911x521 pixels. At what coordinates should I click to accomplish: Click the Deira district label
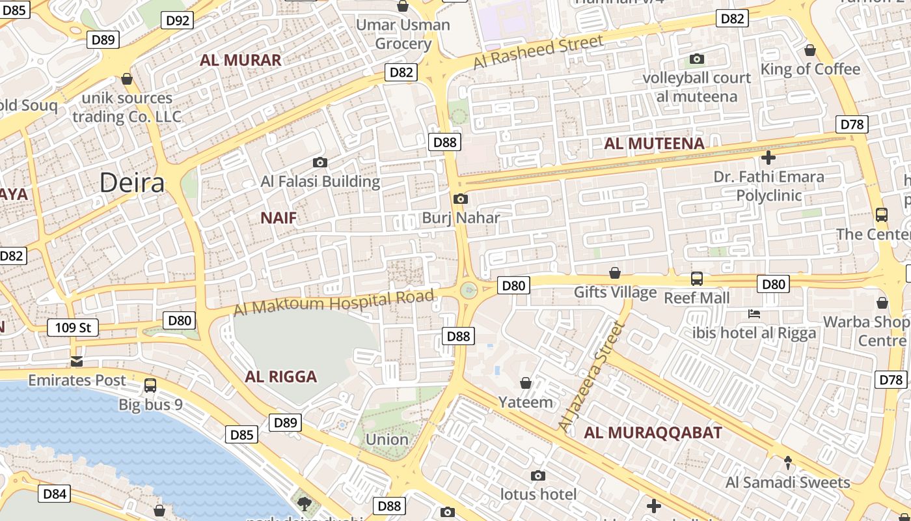[132, 183]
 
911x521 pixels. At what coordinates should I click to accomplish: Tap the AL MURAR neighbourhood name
[241, 61]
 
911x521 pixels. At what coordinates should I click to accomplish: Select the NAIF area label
[279, 218]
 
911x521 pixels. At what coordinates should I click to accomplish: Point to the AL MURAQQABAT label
[653, 432]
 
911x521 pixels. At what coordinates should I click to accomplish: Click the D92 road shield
[178, 20]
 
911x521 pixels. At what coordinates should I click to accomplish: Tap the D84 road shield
[55, 494]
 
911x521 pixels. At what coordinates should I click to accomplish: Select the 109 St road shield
[73, 328]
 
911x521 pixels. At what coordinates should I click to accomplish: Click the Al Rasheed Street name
[538, 52]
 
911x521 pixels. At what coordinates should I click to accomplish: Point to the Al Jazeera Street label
[591, 376]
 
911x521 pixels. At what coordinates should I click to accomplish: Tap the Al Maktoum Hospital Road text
[334, 303]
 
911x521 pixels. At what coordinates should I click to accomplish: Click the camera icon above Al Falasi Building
[320, 162]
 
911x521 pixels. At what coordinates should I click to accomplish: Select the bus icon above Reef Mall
[697, 279]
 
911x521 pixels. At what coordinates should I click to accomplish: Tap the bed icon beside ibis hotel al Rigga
[754, 314]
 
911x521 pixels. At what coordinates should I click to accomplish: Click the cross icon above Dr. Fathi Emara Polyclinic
[768, 157]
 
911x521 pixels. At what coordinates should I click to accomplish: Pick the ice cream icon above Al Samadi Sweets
[788, 463]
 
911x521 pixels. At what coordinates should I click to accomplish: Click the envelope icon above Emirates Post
[77, 361]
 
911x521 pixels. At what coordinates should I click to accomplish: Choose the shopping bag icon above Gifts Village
[615, 272]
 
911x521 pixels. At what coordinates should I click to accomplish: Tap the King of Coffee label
[819, 69]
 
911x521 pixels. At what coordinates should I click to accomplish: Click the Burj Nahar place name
[461, 218]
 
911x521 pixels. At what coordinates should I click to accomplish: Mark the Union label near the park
[387, 440]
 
